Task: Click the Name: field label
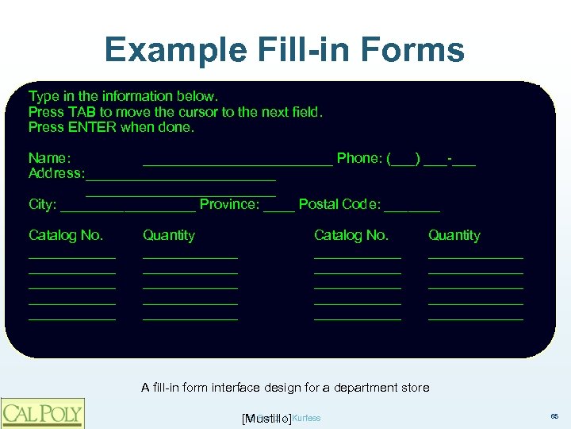[x=50, y=158]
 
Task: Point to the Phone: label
[x=359, y=158]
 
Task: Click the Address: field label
[x=56, y=173]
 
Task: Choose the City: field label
[x=42, y=204]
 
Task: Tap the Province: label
[x=230, y=204]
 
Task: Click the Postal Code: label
[x=339, y=204]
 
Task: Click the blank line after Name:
[x=237, y=162]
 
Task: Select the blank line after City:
[x=128, y=209]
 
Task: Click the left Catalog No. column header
[x=66, y=235]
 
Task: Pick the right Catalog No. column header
[x=351, y=235]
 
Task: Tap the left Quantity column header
[x=168, y=235]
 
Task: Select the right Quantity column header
[x=454, y=235]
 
